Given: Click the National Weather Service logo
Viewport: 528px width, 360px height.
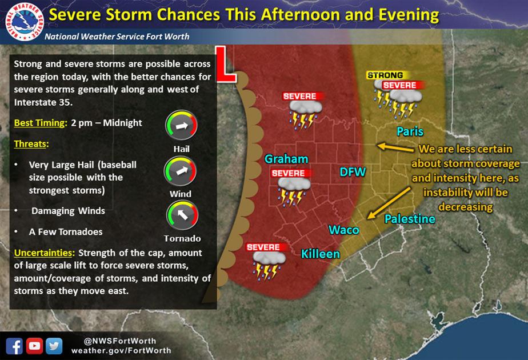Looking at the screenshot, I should (x=22, y=23).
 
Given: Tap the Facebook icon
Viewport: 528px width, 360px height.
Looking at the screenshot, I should (x=14, y=345).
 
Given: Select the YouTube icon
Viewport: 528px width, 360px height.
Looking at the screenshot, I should (x=34, y=345).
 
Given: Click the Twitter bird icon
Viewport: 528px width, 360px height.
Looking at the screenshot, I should (x=54, y=345).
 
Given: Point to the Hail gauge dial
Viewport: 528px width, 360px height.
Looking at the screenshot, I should (x=181, y=126).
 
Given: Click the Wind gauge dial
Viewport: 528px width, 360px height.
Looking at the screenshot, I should (x=181, y=171).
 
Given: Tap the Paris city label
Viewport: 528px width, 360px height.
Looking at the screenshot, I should (x=410, y=131).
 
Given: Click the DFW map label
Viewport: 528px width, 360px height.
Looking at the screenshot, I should (x=353, y=171).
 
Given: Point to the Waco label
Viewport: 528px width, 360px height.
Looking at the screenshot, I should (x=343, y=230).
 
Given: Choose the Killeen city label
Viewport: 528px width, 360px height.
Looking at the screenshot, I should (x=321, y=254).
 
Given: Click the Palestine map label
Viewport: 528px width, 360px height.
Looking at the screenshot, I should (x=410, y=219).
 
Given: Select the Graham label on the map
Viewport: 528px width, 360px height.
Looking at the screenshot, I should (x=286, y=159).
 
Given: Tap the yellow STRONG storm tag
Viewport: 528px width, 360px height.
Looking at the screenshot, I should (x=385, y=75).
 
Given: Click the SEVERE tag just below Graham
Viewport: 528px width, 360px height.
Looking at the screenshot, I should (x=288, y=173).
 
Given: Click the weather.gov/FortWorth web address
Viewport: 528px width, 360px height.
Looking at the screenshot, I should (x=121, y=350).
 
